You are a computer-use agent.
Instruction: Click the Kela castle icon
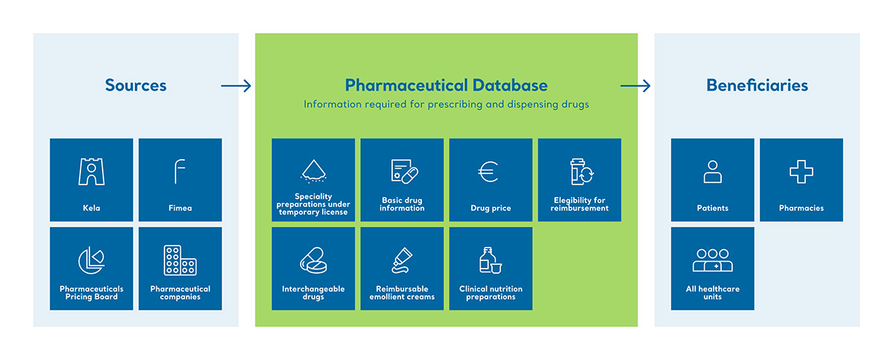point(92,171)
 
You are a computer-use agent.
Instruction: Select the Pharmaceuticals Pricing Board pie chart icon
point(92,260)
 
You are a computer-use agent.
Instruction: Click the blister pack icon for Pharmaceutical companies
point(180,260)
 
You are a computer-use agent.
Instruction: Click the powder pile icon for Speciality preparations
point(313,171)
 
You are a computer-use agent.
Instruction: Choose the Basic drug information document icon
point(404,171)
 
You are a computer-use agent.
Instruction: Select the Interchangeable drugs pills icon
point(313,260)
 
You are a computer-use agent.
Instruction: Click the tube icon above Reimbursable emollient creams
point(402,260)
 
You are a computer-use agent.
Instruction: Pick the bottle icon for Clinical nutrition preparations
point(490,260)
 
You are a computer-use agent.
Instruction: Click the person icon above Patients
point(712,171)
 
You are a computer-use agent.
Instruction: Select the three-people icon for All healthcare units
point(712,261)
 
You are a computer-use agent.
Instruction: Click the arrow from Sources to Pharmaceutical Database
point(236,86)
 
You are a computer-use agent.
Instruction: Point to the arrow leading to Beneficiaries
point(636,86)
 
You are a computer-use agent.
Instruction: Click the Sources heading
point(135,86)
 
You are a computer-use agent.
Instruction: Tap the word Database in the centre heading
point(510,86)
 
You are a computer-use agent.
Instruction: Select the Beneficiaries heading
point(757,86)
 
